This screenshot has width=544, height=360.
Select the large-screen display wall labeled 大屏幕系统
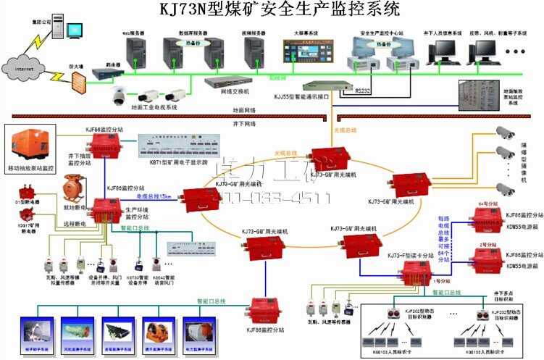[x=306, y=51]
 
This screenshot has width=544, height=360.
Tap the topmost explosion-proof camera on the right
[x=505, y=133]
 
